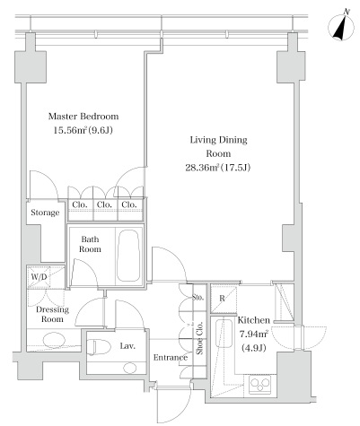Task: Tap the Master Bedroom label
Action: pyautogui.click(x=83, y=116)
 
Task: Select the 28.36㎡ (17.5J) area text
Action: pyautogui.click(x=218, y=167)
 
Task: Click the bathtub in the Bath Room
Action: pyautogui.click(x=128, y=256)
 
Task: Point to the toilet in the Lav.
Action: pyautogui.click(x=96, y=347)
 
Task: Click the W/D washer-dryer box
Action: pyautogui.click(x=46, y=277)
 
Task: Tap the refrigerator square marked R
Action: pyautogui.click(x=224, y=300)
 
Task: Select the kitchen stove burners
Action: pyautogui.click(x=259, y=385)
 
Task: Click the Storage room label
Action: pyautogui.click(x=45, y=213)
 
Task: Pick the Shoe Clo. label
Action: pyautogui.click(x=199, y=338)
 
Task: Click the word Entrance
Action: pyautogui.click(x=171, y=357)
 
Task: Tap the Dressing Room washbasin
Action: pyautogui.click(x=54, y=340)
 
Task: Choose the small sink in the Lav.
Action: pyautogui.click(x=129, y=368)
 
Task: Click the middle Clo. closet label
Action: pyautogui.click(x=104, y=204)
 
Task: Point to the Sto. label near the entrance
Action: pyautogui.click(x=198, y=298)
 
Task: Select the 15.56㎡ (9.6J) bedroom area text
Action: pyautogui.click(x=83, y=130)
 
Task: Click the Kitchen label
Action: pyautogui.click(x=253, y=320)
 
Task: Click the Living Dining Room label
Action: pyautogui.click(x=219, y=146)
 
